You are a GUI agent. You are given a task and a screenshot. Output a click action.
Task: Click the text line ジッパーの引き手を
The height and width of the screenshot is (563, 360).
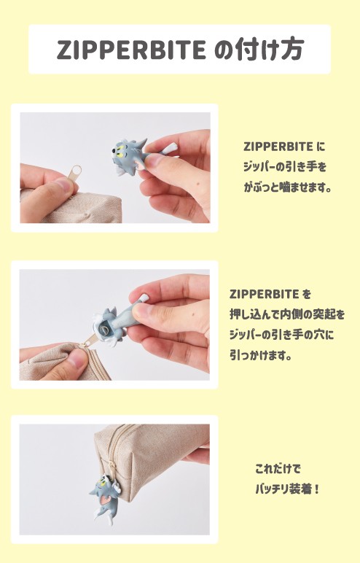tap(284, 166)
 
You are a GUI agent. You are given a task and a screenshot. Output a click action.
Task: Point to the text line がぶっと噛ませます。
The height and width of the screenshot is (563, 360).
tap(287, 187)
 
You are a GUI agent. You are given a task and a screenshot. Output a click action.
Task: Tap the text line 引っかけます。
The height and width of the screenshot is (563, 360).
tap(260, 357)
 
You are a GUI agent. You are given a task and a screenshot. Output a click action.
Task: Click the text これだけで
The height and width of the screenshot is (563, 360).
tap(278, 467)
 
